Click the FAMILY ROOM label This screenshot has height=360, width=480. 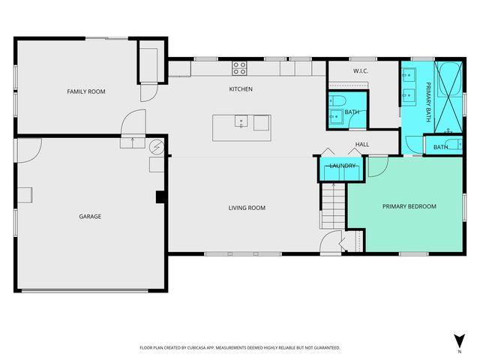(x=86, y=91)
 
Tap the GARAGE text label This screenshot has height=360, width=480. (x=90, y=217)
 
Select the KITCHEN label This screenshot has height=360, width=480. (x=240, y=89)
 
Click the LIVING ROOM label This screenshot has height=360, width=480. (x=247, y=208)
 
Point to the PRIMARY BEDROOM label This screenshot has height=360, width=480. (x=409, y=206)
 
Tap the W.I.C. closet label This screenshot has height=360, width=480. (x=358, y=71)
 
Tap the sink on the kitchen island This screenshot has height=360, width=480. (x=241, y=121)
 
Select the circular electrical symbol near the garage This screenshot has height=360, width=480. (x=157, y=146)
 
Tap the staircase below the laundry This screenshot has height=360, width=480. (x=332, y=206)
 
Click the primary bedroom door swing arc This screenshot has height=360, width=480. (x=377, y=167)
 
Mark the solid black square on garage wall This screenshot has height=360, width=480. (x=160, y=197)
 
